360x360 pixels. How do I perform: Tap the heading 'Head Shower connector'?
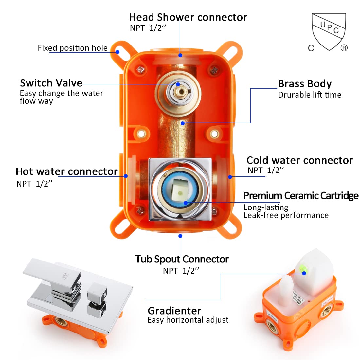(x=188, y=17)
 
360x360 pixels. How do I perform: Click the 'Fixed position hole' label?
(x=72, y=48)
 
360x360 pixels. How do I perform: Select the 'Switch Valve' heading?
(x=51, y=83)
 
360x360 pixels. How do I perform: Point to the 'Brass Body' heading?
(x=305, y=84)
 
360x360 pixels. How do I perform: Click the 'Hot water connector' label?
(x=67, y=171)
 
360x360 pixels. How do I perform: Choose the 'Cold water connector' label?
(x=299, y=160)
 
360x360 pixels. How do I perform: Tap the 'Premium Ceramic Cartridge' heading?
(x=301, y=196)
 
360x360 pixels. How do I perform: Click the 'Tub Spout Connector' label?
(x=182, y=259)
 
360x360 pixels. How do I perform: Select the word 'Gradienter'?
(x=174, y=311)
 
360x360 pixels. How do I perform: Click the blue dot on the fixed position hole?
(x=117, y=52)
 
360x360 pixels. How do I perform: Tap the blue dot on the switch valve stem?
(x=178, y=84)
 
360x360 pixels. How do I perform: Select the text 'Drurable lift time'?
(x=310, y=95)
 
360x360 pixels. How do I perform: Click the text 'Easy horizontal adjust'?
(x=188, y=320)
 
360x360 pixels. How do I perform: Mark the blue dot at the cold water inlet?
(x=230, y=177)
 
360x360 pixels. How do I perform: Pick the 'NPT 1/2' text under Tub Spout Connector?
(x=181, y=271)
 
